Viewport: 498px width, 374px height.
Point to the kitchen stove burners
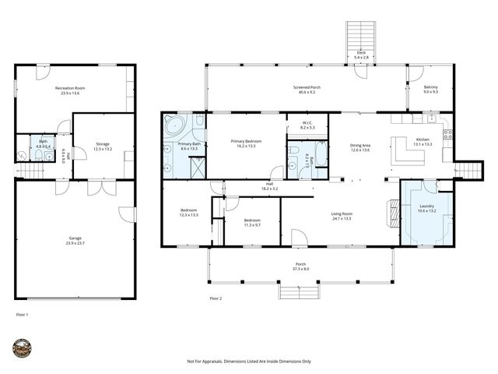pyautogui.click(x=447, y=134)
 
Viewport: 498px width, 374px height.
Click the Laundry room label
pyautogui.click(x=426, y=206)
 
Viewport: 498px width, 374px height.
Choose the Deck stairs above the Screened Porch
pyautogui.click(x=360, y=35)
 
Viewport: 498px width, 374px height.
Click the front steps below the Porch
pyautogui.click(x=300, y=292)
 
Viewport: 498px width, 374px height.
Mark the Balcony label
pyautogui.click(x=430, y=88)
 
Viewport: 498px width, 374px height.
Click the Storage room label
pyautogui.click(x=103, y=144)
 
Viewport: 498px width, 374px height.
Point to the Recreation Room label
pyautogui.click(x=70, y=89)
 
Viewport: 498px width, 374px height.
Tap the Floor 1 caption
pyautogui.click(x=23, y=314)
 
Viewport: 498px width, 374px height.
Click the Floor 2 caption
pyautogui.click(x=216, y=298)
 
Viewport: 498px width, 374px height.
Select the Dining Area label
pyautogui.click(x=359, y=145)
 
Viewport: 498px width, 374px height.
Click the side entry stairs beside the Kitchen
pyautogui.click(x=468, y=171)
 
